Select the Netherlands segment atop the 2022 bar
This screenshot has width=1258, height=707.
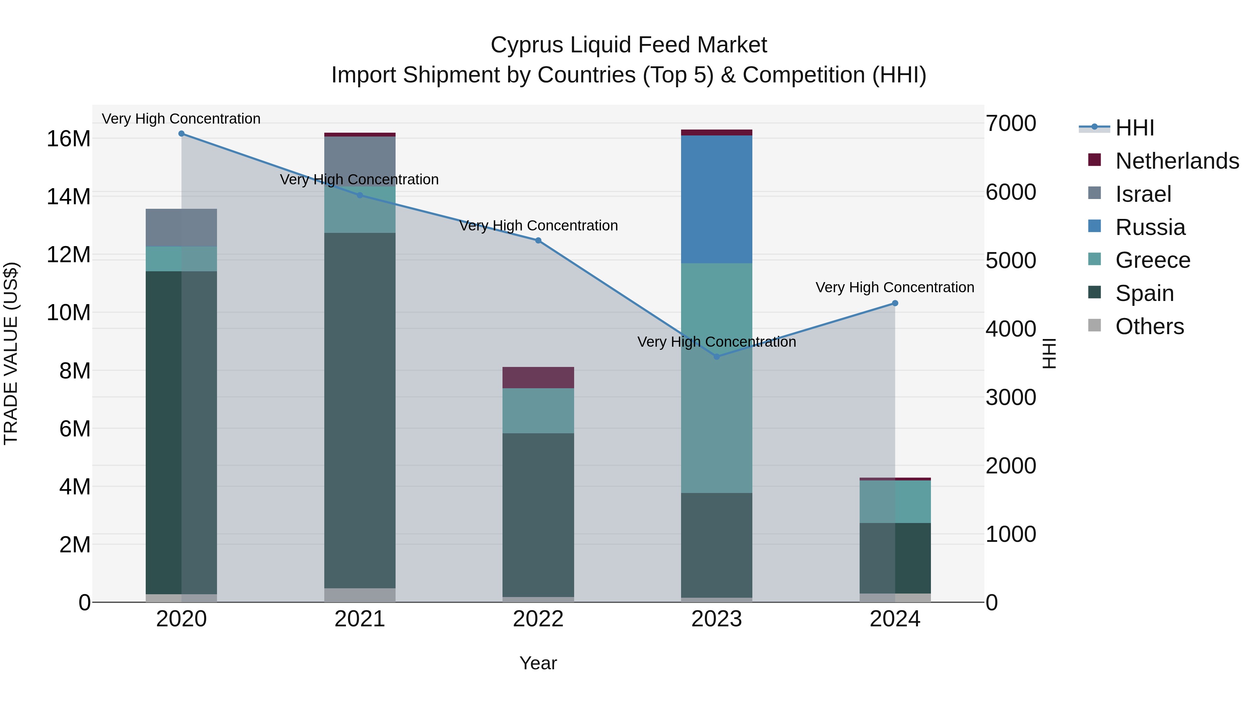pyautogui.click(x=538, y=377)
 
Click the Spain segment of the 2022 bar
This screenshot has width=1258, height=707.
pyautogui.click(x=538, y=515)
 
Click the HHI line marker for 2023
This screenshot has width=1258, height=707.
pyautogui.click(x=716, y=357)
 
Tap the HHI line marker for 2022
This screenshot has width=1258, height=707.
pyautogui.click(x=538, y=241)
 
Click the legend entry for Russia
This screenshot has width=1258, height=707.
pyautogui.click(x=1150, y=227)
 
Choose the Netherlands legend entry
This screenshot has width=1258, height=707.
pyautogui.click(x=1177, y=161)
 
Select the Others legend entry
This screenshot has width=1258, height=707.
pyautogui.click(x=1149, y=326)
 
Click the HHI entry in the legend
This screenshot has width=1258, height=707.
pyautogui.click(x=1134, y=128)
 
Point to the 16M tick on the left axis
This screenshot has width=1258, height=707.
pyautogui.click(x=68, y=139)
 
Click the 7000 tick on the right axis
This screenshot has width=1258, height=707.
pyautogui.click(x=1010, y=124)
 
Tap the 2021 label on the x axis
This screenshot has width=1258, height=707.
pyautogui.click(x=360, y=619)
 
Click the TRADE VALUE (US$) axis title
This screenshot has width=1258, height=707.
pyautogui.click(x=11, y=353)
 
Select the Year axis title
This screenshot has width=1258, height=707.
pyautogui.click(x=538, y=663)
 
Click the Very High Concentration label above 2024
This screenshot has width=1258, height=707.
pyautogui.click(x=895, y=287)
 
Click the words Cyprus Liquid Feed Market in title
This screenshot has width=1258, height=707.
pyautogui.click(x=629, y=45)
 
